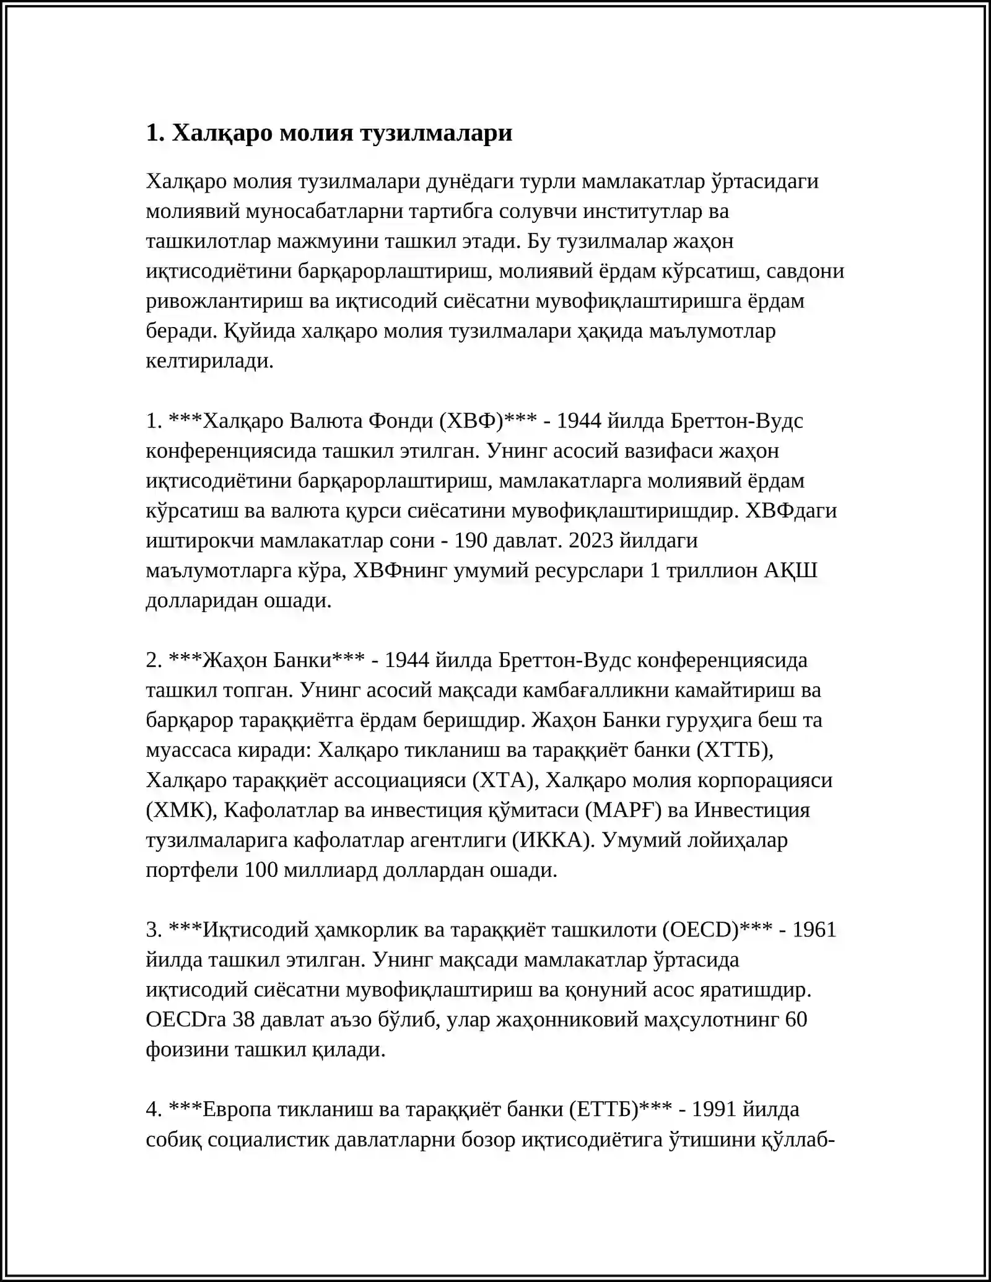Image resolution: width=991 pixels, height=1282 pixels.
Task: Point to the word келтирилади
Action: pos(209,361)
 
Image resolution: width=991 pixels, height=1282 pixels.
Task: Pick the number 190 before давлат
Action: pos(471,541)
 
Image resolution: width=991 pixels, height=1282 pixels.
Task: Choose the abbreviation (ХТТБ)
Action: pos(735,750)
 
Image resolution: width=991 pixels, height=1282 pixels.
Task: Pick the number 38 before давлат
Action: pos(243,1019)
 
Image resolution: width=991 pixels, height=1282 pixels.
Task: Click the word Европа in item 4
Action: pos(237,1109)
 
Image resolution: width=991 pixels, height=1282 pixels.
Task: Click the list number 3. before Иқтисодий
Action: pos(154,930)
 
